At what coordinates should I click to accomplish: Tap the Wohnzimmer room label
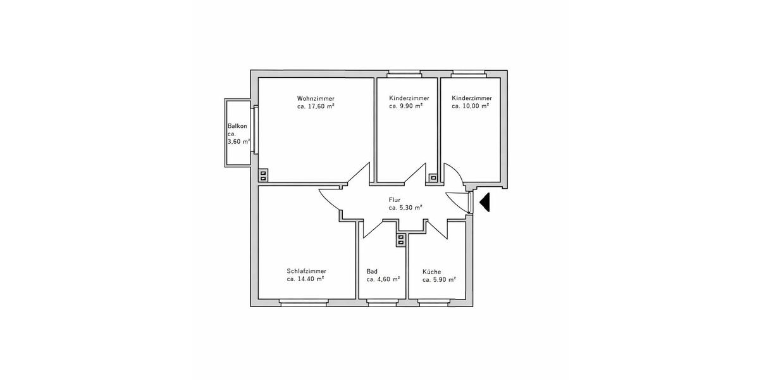pyautogui.click(x=316, y=98)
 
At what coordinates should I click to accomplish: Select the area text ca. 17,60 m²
pyautogui.click(x=316, y=107)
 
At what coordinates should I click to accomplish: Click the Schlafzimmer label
pyautogui.click(x=306, y=270)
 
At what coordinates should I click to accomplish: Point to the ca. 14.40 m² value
pyautogui.click(x=305, y=279)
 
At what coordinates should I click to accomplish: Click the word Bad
pyautogui.click(x=372, y=271)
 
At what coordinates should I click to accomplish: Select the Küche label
pyautogui.click(x=432, y=271)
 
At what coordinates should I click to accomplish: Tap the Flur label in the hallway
pyautogui.click(x=395, y=199)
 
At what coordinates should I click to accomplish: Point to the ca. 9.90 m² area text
pyautogui.click(x=405, y=107)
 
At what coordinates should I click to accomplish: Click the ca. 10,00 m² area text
pyautogui.click(x=471, y=107)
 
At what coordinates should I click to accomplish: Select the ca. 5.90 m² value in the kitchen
pyautogui.click(x=439, y=279)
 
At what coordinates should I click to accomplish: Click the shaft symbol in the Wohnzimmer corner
pyautogui.click(x=263, y=175)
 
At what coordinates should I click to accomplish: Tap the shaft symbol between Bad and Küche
pyautogui.click(x=402, y=239)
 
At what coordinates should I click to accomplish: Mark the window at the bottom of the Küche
pyautogui.click(x=436, y=303)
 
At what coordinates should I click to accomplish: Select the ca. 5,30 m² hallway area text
pyautogui.click(x=405, y=208)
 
